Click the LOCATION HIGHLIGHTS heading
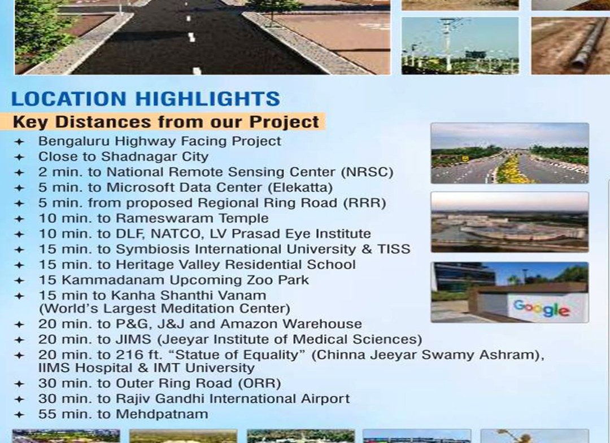tap(146, 99)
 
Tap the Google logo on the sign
tap(542, 309)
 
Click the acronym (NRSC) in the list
tap(367, 172)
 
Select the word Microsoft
tap(137, 187)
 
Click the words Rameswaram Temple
tap(192, 218)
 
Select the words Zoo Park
tap(278, 280)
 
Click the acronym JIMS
tap(133, 339)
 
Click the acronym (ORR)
tap(259, 384)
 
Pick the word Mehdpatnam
tap(162, 414)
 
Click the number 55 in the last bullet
tap(46, 414)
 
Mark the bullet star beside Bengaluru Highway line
tap(19, 142)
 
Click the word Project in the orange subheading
tap(284, 122)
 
